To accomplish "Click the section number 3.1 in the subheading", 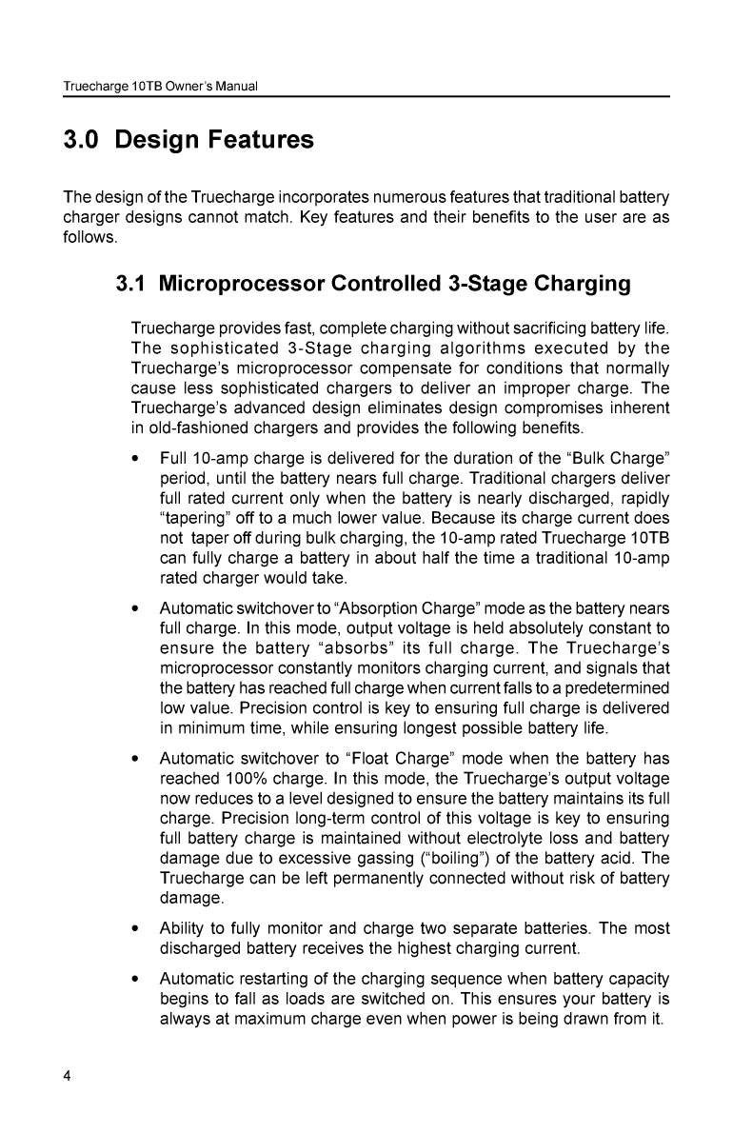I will [x=131, y=284].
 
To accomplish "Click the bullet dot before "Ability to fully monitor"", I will [x=138, y=929].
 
